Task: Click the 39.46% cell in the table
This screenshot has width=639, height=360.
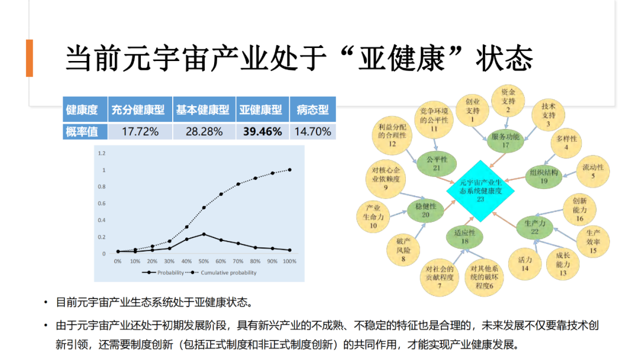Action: point(262,131)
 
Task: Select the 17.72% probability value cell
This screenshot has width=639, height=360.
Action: point(140,131)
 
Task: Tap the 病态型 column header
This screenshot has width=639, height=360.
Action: point(312,110)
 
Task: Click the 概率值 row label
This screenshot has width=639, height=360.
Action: point(82,131)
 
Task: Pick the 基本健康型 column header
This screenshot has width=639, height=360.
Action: point(202,110)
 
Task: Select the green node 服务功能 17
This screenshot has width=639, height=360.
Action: point(506,140)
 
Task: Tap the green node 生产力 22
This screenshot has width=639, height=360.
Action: point(534,227)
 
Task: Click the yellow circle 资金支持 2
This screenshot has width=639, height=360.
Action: point(508,101)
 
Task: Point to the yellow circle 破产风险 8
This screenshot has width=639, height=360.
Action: point(403,250)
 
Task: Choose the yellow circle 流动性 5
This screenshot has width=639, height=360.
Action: point(593,172)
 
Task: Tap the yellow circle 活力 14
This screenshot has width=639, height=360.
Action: point(524,264)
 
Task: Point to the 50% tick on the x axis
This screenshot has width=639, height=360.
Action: point(204,261)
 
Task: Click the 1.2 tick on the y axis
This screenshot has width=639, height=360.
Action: point(101,153)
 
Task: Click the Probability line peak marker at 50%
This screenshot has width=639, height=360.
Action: point(204,234)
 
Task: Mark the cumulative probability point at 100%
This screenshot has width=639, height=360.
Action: point(290,170)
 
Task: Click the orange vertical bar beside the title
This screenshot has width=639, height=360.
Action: point(29,58)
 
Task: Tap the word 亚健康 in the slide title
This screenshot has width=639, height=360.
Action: point(415,58)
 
